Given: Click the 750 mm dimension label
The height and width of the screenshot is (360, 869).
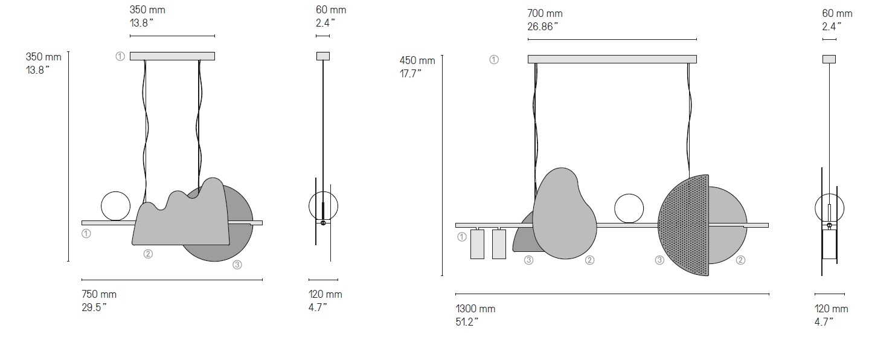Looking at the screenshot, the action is coord(99,294).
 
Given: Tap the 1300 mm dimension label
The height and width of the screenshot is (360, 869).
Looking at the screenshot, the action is coord(475,309).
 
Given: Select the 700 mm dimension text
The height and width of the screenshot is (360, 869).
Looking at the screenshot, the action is coord(545,13).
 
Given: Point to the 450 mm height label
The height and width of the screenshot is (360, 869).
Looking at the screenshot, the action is coord(417,60).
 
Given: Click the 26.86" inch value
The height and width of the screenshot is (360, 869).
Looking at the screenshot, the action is coord(542,27).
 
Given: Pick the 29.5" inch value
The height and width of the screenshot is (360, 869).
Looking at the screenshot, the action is coord(94,307).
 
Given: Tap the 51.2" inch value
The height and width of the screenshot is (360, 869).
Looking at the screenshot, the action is coord(467,322).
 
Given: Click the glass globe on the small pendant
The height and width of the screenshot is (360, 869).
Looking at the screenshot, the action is coord(115,207).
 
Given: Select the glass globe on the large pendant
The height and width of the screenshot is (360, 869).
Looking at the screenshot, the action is coord(629,209).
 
